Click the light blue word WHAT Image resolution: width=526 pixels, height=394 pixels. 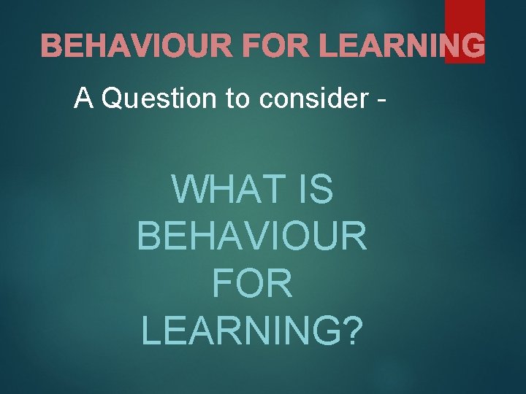click(x=220, y=190)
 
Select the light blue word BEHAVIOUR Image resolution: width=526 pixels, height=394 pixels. click(x=252, y=236)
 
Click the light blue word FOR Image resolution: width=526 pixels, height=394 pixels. click(x=252, y=283)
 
